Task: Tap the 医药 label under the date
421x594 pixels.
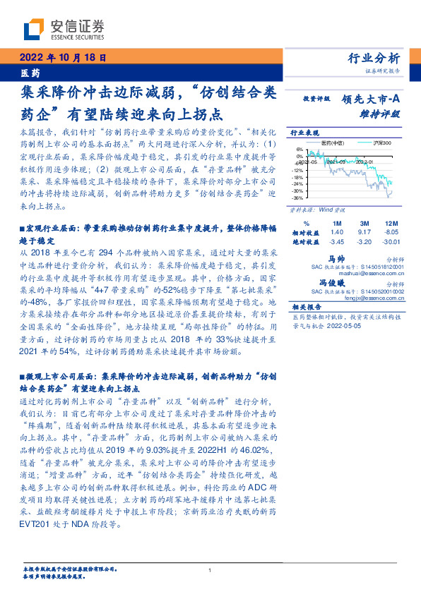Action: (x=30, y=73)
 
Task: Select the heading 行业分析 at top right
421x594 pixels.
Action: (x=374, y=59)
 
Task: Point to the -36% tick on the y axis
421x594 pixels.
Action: (x=298, y=198)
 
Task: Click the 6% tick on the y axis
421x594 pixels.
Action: (x=300, y=150)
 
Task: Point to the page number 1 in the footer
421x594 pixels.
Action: (x=210, y=570)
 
